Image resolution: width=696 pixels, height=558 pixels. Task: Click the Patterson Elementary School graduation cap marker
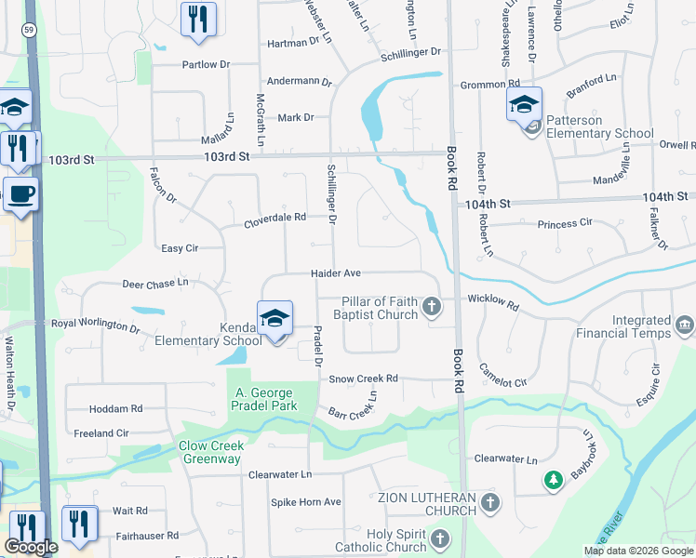click(x=524, y=103)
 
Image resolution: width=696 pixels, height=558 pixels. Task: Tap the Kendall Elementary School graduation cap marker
click(x=275, y=318)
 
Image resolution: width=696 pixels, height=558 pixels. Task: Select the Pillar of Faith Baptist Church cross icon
click(x=431, y=305)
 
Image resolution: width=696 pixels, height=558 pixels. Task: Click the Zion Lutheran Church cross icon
click(x=490, y=503)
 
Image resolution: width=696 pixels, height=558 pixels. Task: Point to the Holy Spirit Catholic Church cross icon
click(x=438, y=539)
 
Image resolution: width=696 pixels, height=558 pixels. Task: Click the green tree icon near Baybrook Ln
click(x=553, y=480)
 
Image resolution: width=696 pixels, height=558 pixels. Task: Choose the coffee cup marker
click(x=20, y=194)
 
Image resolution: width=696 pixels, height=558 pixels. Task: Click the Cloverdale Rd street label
click(x=274, y=219)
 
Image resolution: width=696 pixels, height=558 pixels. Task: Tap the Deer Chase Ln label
click(x=154, y=282)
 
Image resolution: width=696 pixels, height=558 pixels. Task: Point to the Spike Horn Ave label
click(x=306, y=502)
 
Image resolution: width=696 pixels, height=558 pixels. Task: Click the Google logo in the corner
click(x=31, y=547)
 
